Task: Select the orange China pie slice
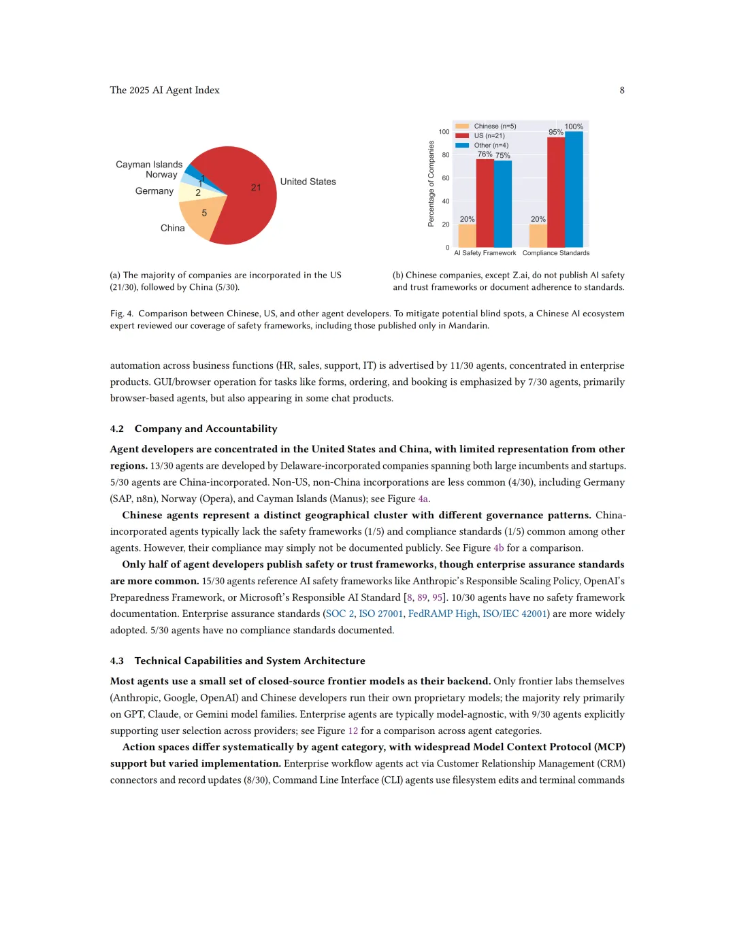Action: click(201, 216)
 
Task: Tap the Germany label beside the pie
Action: click(154, 191)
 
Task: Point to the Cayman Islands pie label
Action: click(149, 165)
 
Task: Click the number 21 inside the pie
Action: click(256, 188)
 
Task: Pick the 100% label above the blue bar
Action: click(574, 127)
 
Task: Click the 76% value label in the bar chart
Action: click(485, 154)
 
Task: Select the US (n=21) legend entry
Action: click(489, 135)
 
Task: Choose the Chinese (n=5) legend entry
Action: click(495, 126)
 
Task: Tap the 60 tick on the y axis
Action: click(446, 178)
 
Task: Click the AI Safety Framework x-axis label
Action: click(485, 253)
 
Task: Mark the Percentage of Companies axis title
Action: click(431, 184)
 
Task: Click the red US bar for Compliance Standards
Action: click(556, 193)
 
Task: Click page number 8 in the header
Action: click(622, 90)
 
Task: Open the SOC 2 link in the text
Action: click(340, 614)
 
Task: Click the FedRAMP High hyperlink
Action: click(442, 614)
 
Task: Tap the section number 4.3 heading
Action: click(117, 661)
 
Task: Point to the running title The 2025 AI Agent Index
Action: click(165, 90)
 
